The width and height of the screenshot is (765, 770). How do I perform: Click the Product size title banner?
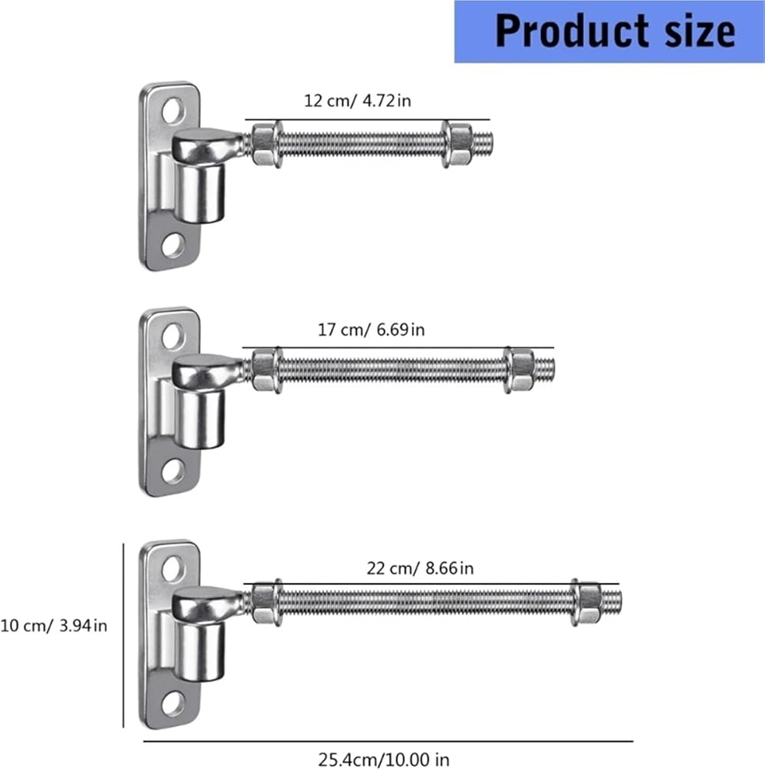[609, 32]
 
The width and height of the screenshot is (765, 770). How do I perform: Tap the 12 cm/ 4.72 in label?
[357, 101]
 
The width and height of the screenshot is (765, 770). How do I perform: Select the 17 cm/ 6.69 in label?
[371, 330]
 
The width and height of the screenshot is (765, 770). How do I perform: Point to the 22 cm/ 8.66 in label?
[420, 568]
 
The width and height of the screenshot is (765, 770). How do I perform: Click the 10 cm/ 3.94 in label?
[53, 625]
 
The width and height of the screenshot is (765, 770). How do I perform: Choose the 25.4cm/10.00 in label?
[383, 759]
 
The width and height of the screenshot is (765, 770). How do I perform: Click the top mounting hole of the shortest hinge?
[172, 110]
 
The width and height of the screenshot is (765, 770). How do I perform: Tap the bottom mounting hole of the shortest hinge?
[172, 246]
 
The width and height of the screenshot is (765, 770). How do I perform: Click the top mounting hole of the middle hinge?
[172, 336]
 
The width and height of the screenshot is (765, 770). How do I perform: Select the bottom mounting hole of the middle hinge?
[172, 471]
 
